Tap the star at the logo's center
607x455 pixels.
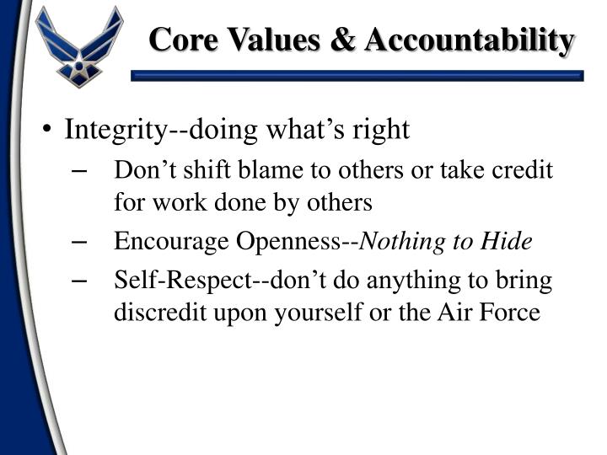click(80, 64)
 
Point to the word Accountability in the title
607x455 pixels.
click(471, 40)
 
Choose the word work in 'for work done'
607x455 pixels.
click(167, 203)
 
